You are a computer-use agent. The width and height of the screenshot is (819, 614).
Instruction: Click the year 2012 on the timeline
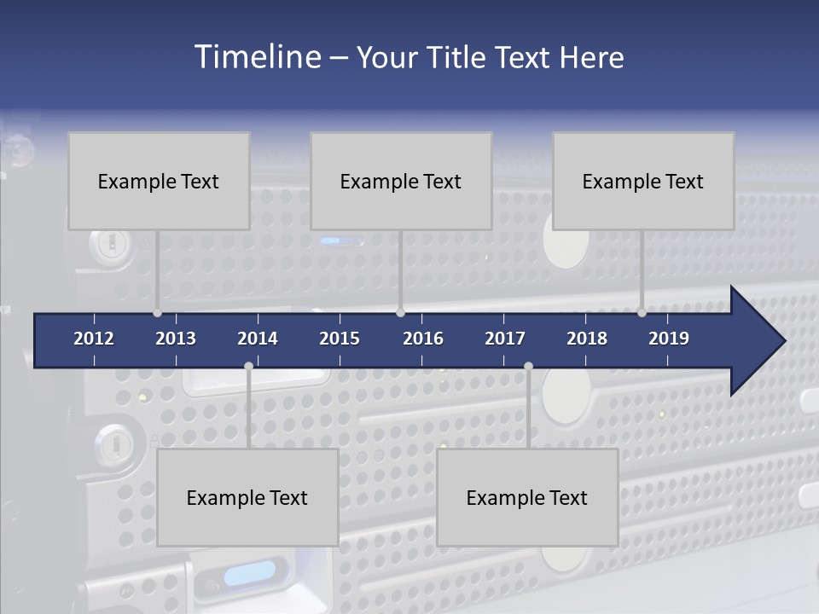coord(94,339)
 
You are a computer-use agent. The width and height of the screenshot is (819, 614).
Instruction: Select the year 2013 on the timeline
coord(176,339)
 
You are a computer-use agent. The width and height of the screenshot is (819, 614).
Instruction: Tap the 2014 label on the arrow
coord(258,339)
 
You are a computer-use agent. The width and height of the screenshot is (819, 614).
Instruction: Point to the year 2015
coord(340,339)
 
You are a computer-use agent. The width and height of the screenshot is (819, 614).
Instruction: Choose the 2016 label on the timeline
coord(423,339)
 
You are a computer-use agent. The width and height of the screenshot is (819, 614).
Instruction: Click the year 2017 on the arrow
coord(505,339)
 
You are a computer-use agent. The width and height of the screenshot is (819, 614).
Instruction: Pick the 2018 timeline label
coord(587,339)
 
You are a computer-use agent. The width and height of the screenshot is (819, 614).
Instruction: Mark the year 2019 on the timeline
coord(669,339)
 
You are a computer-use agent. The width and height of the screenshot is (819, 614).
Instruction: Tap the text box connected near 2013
coord(159,181)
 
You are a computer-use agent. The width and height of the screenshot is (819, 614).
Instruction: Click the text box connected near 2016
coord(401,181)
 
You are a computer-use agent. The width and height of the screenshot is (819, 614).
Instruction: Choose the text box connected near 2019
coord(643,181)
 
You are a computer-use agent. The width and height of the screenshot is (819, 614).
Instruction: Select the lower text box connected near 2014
coord(247,497)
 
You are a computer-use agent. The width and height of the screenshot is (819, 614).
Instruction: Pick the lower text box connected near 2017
coord(527,497)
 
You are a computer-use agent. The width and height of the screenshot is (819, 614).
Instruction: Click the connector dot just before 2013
coord(158,313)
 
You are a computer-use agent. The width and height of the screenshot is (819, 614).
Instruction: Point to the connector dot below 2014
coord(248,367)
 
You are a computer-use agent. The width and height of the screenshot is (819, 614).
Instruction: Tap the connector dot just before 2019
coord(642,313)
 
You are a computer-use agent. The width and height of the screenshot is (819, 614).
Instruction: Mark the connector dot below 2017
coord(528,367)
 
